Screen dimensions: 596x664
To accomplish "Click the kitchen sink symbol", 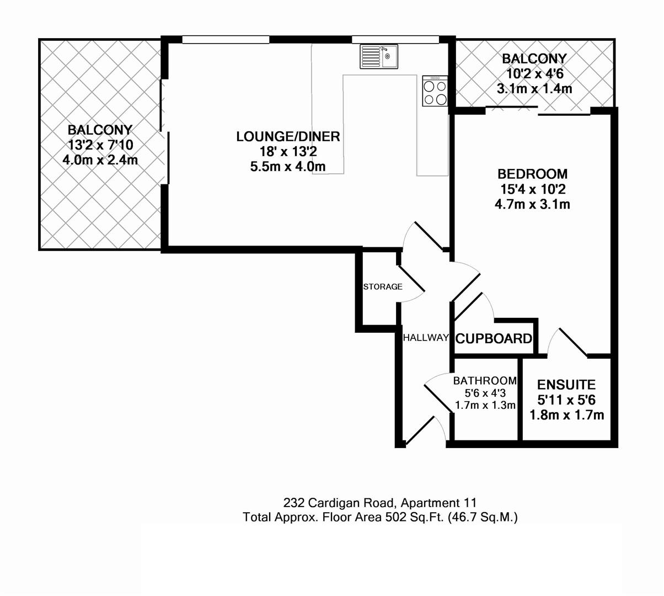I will pos(379,57).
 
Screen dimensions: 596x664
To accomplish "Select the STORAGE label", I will pos(382,287).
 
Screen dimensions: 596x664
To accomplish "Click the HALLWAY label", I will pos(425,338).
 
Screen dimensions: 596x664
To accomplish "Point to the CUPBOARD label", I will pos(494,339).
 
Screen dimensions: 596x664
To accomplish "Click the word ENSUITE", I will pos(566,385).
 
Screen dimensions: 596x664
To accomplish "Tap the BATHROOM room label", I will pos(485,381).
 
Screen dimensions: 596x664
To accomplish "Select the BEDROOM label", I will pos(532,174).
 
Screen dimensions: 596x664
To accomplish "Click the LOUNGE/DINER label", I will pos(288,136).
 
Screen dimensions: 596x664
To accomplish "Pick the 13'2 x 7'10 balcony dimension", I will pos(100,145).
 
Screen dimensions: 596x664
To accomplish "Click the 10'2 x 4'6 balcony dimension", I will pos(534,73).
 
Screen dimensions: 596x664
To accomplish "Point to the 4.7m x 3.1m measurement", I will pos(532,204).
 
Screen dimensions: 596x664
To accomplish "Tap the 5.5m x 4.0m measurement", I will pos(288,166).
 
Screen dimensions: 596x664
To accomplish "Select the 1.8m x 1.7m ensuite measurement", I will pos(566,415).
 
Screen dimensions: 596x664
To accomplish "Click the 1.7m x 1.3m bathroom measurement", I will pos(485,405).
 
